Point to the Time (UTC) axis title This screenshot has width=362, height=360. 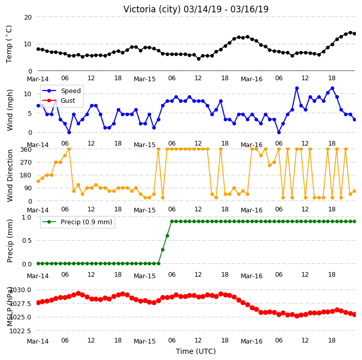click(x=196, y=351)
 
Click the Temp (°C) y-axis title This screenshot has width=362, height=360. click(x=9, y=44)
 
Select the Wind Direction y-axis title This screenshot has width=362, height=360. click(x=10, y=175)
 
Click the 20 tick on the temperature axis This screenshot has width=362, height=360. click(x=28, y=17)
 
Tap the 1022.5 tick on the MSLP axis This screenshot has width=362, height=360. click(x=21, y=331)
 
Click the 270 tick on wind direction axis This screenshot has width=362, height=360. click(x=26, y=163)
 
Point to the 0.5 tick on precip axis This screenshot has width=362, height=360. click(x=27, y=240)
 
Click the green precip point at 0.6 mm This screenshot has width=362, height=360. click(x=168, y=236)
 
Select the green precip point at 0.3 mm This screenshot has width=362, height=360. click(x=163, y=249)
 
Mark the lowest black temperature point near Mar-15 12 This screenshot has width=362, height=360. click(x=198, y=59)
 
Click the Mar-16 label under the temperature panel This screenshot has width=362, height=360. click(x=251, y=79)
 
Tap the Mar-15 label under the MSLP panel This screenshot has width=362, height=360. click(x=144, y=341)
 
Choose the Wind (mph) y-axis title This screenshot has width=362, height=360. click(x=10, y=110)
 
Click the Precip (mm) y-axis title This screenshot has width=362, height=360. click(x=10, y=241)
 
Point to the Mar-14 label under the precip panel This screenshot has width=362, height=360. click(x=38, y=276)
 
